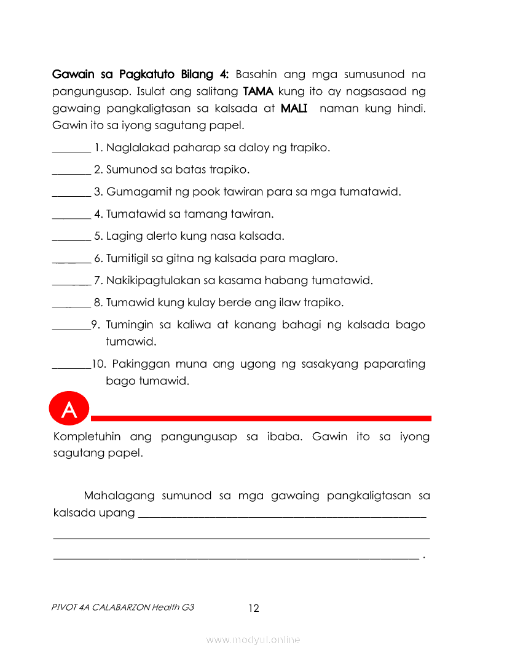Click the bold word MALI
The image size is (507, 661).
pyautogui.click(x=294, y=109)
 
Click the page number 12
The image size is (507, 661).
pyautogui.click(x=254, y=609)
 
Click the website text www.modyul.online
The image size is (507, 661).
pyautogui.click(x=253, y=640)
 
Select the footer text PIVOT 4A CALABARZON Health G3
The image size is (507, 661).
pyautogui.click(x=124, y=608)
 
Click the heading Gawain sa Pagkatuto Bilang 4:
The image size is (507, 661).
pyautogui.click(x=141, y=74)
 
